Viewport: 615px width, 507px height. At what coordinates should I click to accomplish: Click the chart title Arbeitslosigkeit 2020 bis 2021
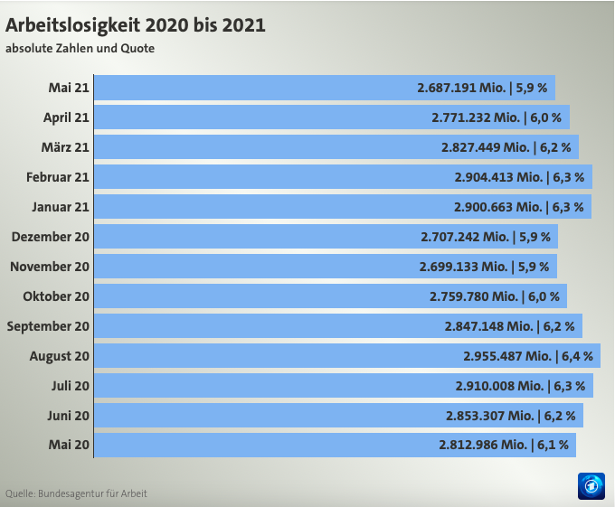(x=136, y=24)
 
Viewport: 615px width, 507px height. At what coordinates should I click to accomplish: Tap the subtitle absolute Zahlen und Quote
(x=80, y=48)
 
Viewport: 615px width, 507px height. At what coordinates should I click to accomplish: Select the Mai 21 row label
(x=69, y=88)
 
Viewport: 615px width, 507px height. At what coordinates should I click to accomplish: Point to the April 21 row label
(x=66, y=117)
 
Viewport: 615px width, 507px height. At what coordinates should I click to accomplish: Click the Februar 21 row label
(x=58, y=177)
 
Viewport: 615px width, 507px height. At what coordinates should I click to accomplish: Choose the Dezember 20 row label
(x=51, y=237)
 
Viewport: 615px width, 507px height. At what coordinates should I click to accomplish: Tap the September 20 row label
(x=49, y=326)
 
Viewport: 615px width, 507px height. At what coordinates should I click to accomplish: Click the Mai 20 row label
(x=69, y=445)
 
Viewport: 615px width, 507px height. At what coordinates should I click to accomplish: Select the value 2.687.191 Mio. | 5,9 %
(x=480, y=88)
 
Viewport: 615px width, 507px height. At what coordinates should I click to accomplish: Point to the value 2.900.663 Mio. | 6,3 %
(x=518, y=207)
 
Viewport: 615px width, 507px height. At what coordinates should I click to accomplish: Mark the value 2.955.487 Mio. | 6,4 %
(x=527, y=356)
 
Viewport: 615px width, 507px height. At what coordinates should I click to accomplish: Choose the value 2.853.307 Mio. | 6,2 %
(x=509, y=416)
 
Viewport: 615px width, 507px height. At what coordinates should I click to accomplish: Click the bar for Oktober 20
(x=253, y=296)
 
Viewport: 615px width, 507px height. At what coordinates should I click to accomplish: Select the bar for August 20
(x=271, y=356)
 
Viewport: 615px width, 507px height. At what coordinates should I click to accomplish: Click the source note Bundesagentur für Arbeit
(x=76, y=493)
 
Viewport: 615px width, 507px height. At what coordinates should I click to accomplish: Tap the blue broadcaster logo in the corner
(x=591, y=485)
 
